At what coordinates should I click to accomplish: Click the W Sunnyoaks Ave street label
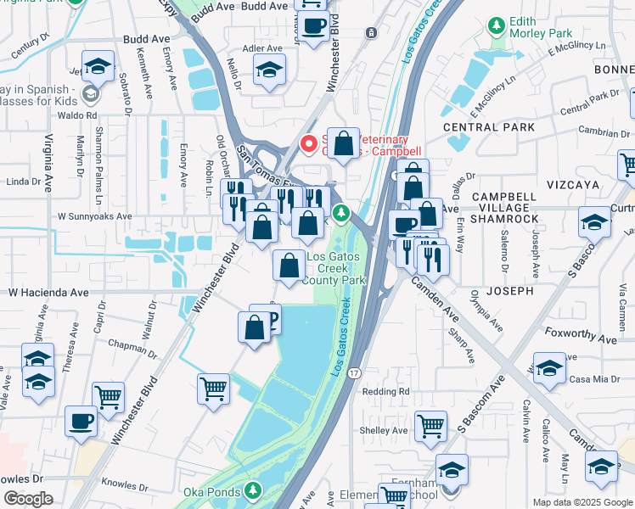pos(94,216)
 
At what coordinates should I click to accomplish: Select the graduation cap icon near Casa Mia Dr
pos(549,366)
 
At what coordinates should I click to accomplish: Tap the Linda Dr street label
pos(23,182)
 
